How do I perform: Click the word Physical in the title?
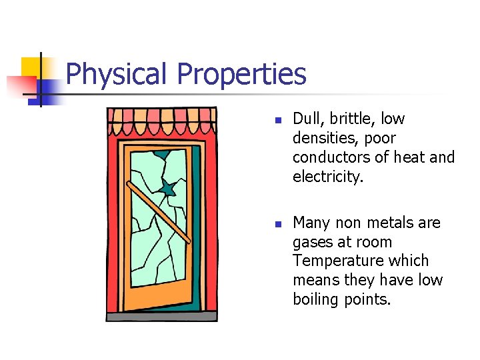click(117, 75)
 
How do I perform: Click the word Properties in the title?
click(241, 75)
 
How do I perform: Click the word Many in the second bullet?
click(311, 222)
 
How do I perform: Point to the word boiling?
click(316, 299)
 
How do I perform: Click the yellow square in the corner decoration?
click(31, 67)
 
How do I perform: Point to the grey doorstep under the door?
click(162, 317)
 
